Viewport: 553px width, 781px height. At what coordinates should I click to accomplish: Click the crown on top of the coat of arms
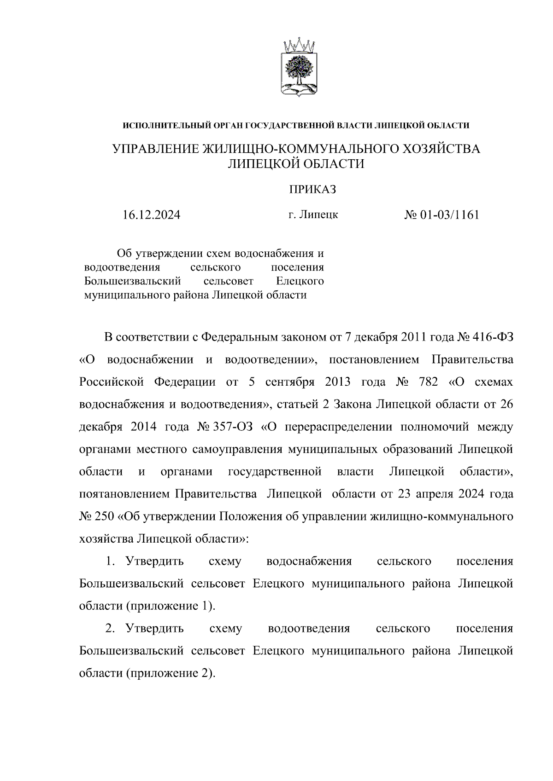pyautogui.click(x=299, y=46)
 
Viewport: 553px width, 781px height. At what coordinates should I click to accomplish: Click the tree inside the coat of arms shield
pyautogui.click(x=299, y=69)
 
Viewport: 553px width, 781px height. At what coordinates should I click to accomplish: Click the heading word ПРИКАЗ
pyautogui.click(x=312, y=190)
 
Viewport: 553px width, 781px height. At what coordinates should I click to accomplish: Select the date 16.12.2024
pyautogui.click(x=151, y=215)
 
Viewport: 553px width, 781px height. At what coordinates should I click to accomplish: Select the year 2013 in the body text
pyautogui.click(x=337, y=382)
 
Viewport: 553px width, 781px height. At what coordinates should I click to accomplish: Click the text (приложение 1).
pyautogui.click(x=171, y=606)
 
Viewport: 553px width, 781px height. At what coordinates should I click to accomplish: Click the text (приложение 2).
pyautogui.click(x=171, y=673)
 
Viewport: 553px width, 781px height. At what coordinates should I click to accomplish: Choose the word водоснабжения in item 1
pyautogui.click(x=309, y=561)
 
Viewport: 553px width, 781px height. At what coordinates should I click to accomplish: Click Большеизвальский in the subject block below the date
pyautogui.click(x=132, y=281)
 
